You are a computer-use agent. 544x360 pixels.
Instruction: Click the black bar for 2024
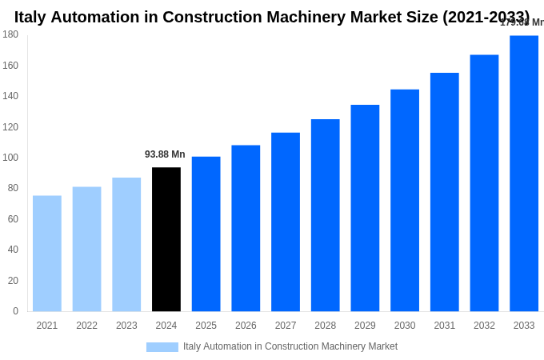click(x=166, y=239)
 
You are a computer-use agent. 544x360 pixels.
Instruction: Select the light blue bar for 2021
click(x=47, y=254)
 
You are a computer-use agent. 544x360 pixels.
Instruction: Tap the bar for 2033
click(x=524, y=174)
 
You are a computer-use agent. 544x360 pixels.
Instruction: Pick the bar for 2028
click(x=326, y=215)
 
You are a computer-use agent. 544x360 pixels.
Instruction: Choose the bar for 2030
click(x=405, y=200)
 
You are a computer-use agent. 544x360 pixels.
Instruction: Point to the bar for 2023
click(x=126, y=244)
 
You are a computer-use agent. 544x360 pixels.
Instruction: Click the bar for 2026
click(x=246, y=228)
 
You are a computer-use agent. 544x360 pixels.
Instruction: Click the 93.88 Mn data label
click(x=165, y=154)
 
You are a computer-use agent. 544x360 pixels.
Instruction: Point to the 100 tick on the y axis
click(x=10, y=158)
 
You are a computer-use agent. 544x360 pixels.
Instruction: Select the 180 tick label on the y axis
click(x=10, y=34)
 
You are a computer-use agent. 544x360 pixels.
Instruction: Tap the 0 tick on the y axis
click(x=15, y=311)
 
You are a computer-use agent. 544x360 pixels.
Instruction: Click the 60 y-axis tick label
click(x=13, y=219)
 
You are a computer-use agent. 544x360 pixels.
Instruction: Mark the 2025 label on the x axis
click(x=206, y=326)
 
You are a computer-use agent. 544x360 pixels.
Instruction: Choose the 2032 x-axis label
click(x=484, y=326)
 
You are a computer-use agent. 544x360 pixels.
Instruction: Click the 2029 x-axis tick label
click(x=365, y=326)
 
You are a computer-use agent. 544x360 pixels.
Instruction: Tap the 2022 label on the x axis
click(x=87, y=326)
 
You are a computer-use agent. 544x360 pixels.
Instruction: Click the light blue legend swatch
click(x=162, y=347)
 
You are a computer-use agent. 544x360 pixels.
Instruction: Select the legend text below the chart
click(x=290, y=346)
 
